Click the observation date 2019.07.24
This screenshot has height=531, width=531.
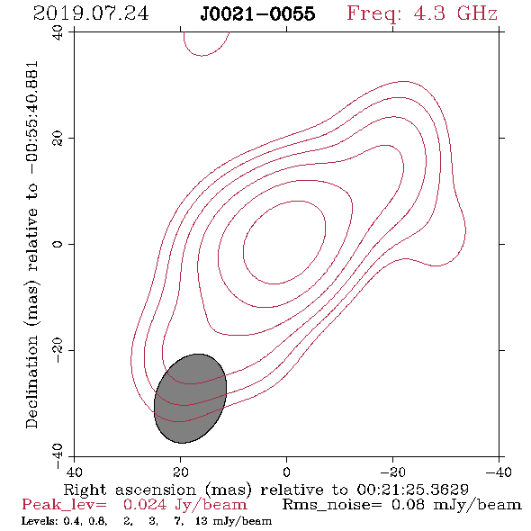click(x=91, y=13)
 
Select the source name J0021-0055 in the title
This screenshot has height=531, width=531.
click(x=257, y=13)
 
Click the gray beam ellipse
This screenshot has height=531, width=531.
click(x=190, y=399)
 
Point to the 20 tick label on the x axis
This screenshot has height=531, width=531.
click(x=180, y=472)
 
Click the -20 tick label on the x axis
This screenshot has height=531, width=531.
click(x=392, y=472)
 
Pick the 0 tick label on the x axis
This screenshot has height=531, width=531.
click(x=286, y=472)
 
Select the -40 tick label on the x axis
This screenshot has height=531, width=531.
click(x=499, y=472)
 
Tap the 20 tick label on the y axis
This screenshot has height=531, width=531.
click(x=58, y=139)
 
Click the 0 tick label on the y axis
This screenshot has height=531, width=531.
click(x=58, y=244)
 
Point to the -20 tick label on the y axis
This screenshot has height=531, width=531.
click(x=58, y=350)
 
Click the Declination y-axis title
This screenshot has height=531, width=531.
click(x=31, y=245)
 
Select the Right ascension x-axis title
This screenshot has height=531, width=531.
click(x=265, y=490)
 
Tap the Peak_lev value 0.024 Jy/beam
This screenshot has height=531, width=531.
click(x=184, y=505)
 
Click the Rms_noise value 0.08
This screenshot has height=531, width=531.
click(x=408, y=505)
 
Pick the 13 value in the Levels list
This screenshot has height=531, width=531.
click(x=202, y=521)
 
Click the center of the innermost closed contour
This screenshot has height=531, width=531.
click(x=284, y=242)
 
